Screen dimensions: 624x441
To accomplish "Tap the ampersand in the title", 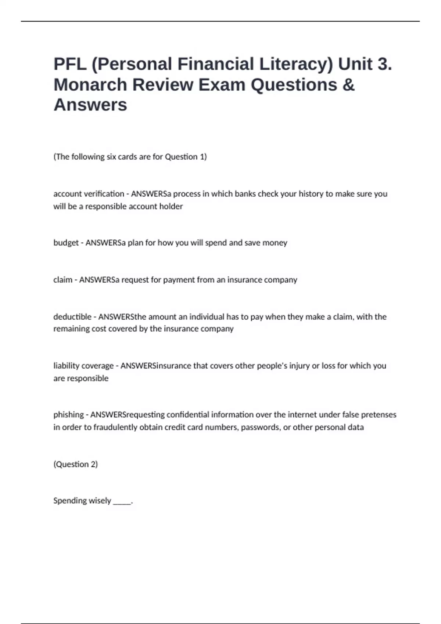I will click(348, 84).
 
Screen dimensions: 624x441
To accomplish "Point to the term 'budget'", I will click(66, 243).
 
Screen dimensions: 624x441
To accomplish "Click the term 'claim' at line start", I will click(63, 280).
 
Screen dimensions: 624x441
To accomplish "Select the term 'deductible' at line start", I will click(72, 317).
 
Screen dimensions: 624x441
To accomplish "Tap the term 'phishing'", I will click(69, 415).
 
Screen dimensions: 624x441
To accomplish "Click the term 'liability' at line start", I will click(66, 366).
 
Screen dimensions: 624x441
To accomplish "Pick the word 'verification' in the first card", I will click(104, 193).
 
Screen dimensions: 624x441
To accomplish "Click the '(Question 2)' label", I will click(76, 464).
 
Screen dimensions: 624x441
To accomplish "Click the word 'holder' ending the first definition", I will click(171, 206).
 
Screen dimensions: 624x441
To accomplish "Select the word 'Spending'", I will click(68, 501).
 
